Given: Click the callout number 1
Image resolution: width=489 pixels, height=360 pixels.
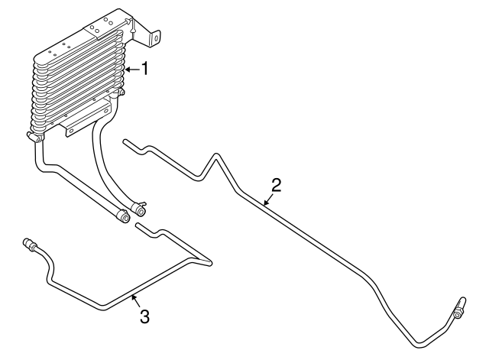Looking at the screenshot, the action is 144,68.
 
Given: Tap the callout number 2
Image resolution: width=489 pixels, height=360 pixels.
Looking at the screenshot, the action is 276,185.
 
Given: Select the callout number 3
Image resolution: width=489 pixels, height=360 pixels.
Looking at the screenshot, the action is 144,316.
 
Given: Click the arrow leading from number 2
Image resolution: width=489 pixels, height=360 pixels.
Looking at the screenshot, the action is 268,199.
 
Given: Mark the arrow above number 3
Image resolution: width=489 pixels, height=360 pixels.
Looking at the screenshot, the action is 134,300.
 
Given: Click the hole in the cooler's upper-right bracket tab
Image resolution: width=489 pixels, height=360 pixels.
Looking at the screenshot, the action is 156,38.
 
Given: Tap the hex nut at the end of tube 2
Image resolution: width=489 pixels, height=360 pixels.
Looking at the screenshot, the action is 458,313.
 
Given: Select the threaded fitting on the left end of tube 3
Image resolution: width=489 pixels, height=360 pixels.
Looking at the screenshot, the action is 29,244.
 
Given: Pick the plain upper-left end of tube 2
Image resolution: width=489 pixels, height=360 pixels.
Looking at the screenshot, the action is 125,141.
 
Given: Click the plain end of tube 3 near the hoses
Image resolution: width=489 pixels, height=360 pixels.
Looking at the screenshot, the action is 138,225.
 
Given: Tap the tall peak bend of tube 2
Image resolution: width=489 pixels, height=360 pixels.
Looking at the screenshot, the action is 215,155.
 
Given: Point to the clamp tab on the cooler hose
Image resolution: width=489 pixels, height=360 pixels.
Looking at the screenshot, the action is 144,204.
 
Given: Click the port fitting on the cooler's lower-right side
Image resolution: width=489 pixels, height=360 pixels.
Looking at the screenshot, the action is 121,92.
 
